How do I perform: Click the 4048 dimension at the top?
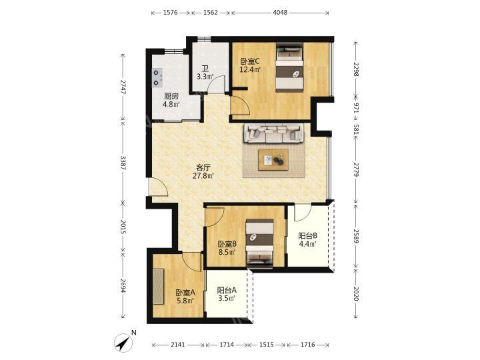[x=280, y=13]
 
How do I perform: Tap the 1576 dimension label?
[x=171, y=13]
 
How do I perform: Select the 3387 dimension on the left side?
[x=123, y=163]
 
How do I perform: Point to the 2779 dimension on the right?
[x=356, y=169]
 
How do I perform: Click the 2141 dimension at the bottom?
[x=178, y=345]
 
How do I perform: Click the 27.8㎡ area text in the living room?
[x=203, y=176]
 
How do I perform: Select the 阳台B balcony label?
[x=307, y=236]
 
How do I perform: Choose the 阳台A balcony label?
[x=227, y=290]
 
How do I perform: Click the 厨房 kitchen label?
[x=171, y=97]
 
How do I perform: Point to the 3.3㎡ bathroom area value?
[x=205, y=77]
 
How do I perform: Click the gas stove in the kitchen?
[x=157, y=77]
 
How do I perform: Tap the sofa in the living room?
[x=274, y=133]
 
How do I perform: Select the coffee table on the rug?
[x=273, y=159]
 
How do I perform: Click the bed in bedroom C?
[x=289, y=67]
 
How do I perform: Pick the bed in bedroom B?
[x=260, y=244]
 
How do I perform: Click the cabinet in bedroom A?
[x=159, y=286]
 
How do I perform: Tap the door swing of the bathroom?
[x=217, y=84]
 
